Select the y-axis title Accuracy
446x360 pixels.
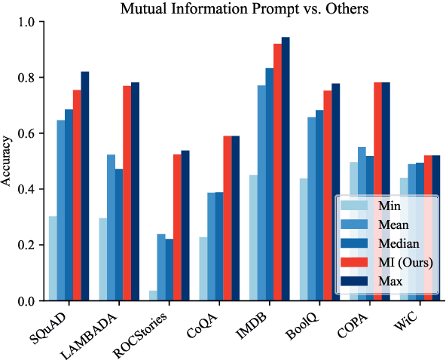click(8, 161)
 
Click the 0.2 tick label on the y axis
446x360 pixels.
click(26, 246)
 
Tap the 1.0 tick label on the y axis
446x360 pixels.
click(26, 22)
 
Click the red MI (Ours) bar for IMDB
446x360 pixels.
click(276, 172)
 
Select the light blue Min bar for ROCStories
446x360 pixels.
click(152, 296)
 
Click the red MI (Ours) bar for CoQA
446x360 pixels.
click(227, 218)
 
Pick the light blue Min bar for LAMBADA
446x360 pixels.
click(102, 260)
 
